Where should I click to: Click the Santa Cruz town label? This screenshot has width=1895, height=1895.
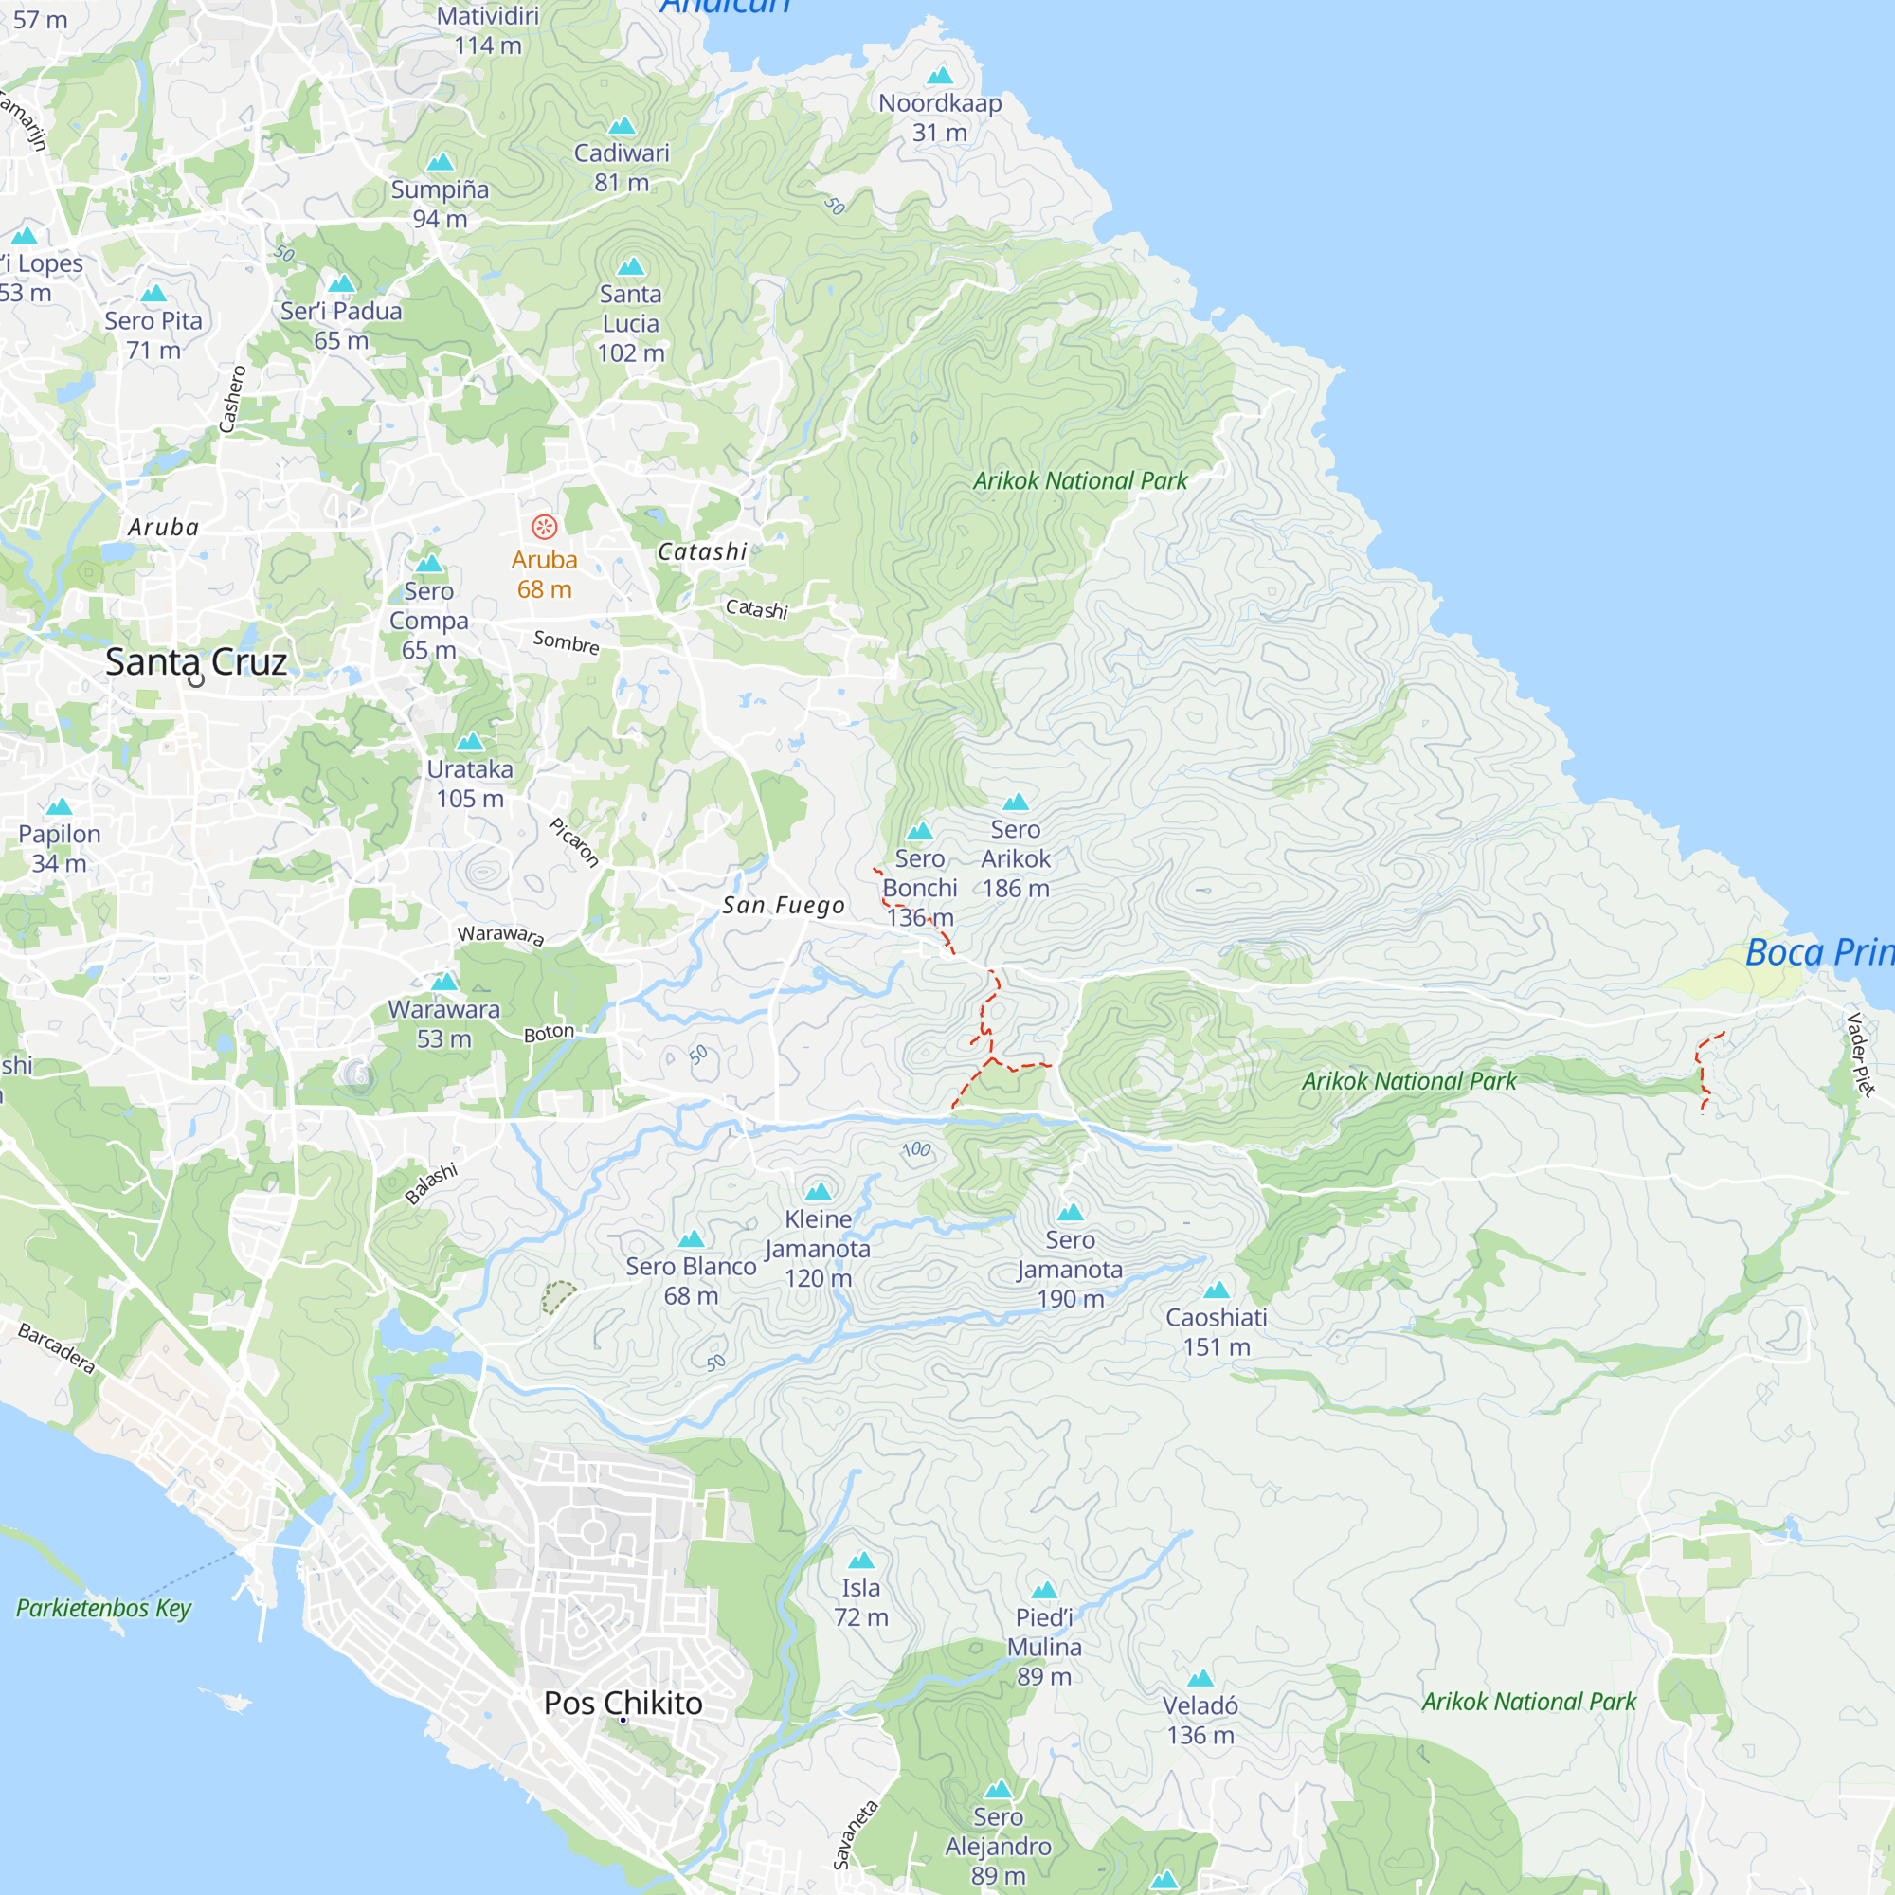click(x=195, y=662)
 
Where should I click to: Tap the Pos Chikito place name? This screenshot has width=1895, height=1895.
click(x=623, y=1703)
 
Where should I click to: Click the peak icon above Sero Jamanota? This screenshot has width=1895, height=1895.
click(x=1070, y=1213)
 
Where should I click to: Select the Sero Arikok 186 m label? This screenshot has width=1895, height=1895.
click(x=1015, y=858)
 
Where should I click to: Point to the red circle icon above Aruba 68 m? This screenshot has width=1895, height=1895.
click(x=545, y=527)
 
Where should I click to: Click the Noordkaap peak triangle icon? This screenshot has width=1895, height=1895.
click(x=940, y=76)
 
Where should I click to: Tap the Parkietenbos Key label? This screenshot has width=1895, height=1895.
click(x=104, y=1608)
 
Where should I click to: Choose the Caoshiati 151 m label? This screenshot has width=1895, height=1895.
click(x=1217, y=1332)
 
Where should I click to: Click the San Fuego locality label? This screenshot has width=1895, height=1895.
click(x=783, y=905)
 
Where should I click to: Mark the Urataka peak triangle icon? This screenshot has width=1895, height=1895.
click(x=470, y=742)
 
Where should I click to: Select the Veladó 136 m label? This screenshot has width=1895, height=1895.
click(x=1200, y=1721)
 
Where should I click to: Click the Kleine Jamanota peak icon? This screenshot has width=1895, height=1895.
click(x=818, y=1192)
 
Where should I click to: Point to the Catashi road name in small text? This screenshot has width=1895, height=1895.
click(x=756, y=609)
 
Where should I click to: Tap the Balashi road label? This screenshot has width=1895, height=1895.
click(x=431, y=1183)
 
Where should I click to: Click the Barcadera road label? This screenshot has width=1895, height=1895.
click(x=57, y=1348)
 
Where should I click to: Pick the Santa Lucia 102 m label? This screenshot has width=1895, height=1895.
click(x=631, y=324)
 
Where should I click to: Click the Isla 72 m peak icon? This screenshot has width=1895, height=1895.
click(x=861, y=1560)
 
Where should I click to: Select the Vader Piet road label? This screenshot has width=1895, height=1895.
click(x=1860, y=1055)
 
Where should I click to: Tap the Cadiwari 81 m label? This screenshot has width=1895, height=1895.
click(x=622, y=168)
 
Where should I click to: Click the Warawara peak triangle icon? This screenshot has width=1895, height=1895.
click(x=444, y=982)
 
